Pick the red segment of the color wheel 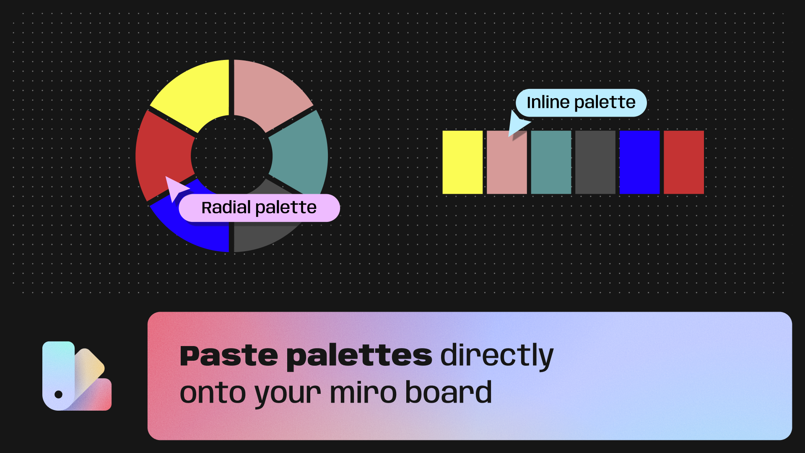coord(161,153)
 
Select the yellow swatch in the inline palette coord(462,162)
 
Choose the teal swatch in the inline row coord(551,162)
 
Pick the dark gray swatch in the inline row coord(595,162)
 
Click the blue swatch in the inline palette coord(639,162)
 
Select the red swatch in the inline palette coord(683,162)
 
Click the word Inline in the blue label coord(548,102)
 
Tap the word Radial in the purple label coord(226,208)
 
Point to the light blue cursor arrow coord(517,123)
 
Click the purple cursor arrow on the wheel coord(175,188)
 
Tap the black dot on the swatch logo coord(59,394)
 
